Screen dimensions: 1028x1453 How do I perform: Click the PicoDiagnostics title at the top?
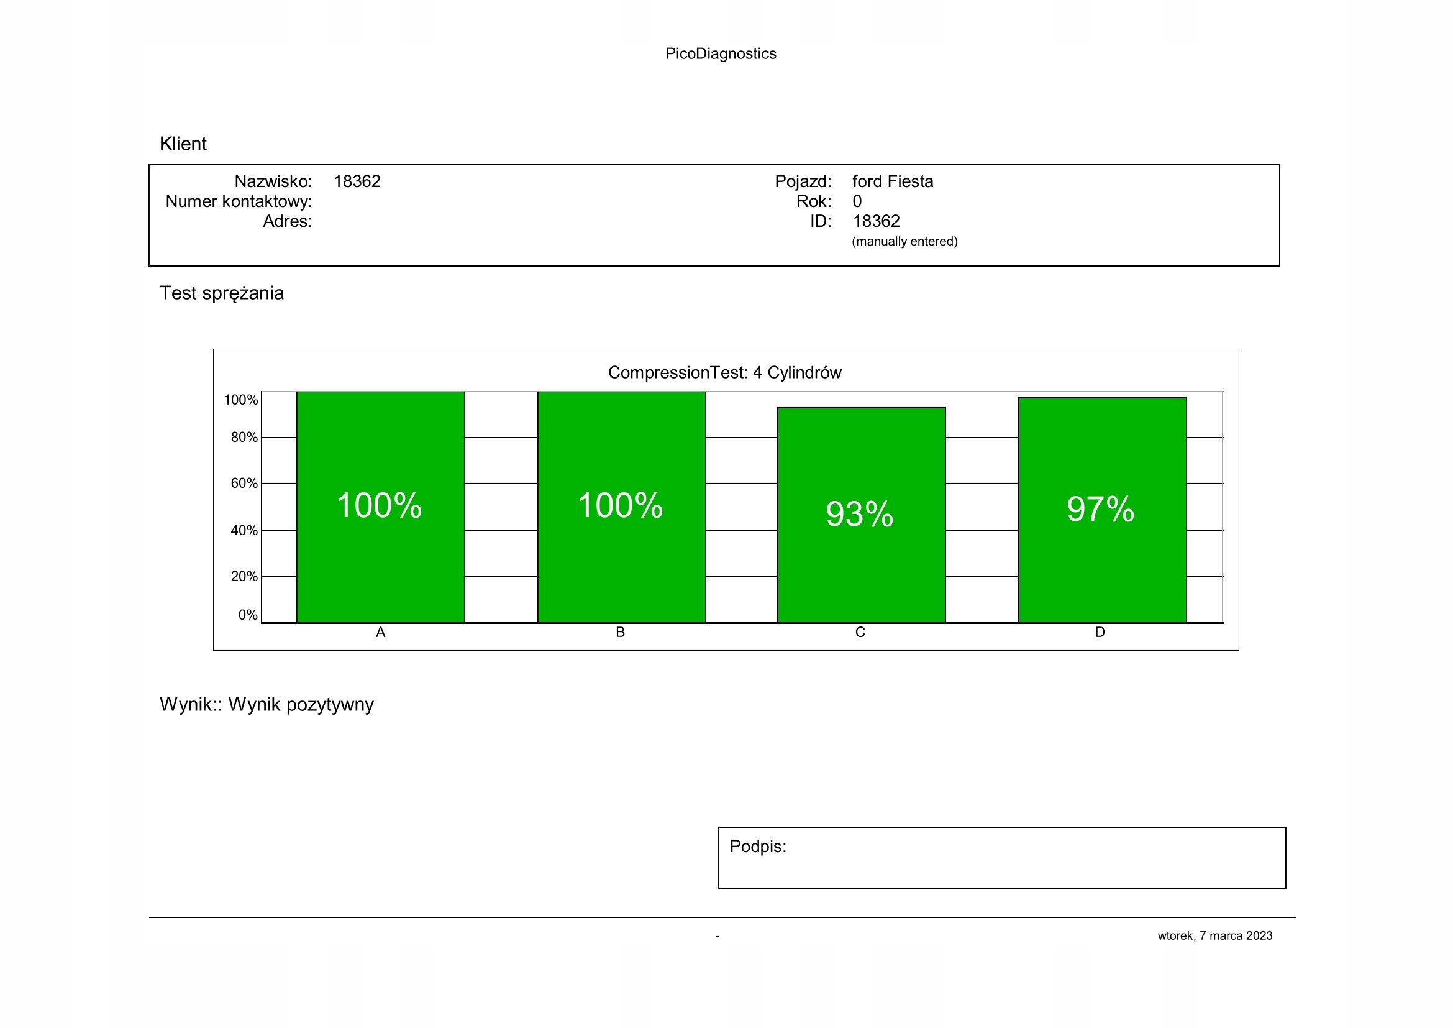(x=720, y=54)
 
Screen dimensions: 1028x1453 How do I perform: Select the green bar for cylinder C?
(x=860, y=570)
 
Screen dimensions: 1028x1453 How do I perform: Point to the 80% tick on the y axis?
(x=244, y=438)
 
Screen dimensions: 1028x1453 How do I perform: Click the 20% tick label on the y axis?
(x=244, y=577)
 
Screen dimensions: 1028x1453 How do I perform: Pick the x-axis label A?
(x=380, y=632)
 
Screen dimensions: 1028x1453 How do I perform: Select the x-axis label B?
(x=620, y=632)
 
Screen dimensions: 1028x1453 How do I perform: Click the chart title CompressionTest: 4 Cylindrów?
(x=724, y=372)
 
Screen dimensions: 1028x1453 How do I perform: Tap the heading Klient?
(x=183, y=144)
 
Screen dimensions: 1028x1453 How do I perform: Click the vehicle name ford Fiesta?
(x=892, y=181)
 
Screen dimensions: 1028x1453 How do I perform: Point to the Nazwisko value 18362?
(x=357, y=181)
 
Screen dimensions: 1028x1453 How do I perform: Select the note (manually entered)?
(x=904, y=241)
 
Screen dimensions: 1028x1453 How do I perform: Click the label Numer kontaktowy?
(x=239, y=201)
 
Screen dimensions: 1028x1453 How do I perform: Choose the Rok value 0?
(x=857, y=201)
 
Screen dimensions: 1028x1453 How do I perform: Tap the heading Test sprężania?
(x=222, y=293)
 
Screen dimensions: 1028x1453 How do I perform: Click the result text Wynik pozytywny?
(x=301, y=705)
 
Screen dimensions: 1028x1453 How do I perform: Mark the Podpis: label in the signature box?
(x=757, y=847)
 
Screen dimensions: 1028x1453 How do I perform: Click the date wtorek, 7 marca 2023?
(x=1214, y=935)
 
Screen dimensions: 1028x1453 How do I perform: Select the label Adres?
(x=288, y=221)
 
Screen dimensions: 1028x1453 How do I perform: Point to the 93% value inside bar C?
(x=859, y=513)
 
